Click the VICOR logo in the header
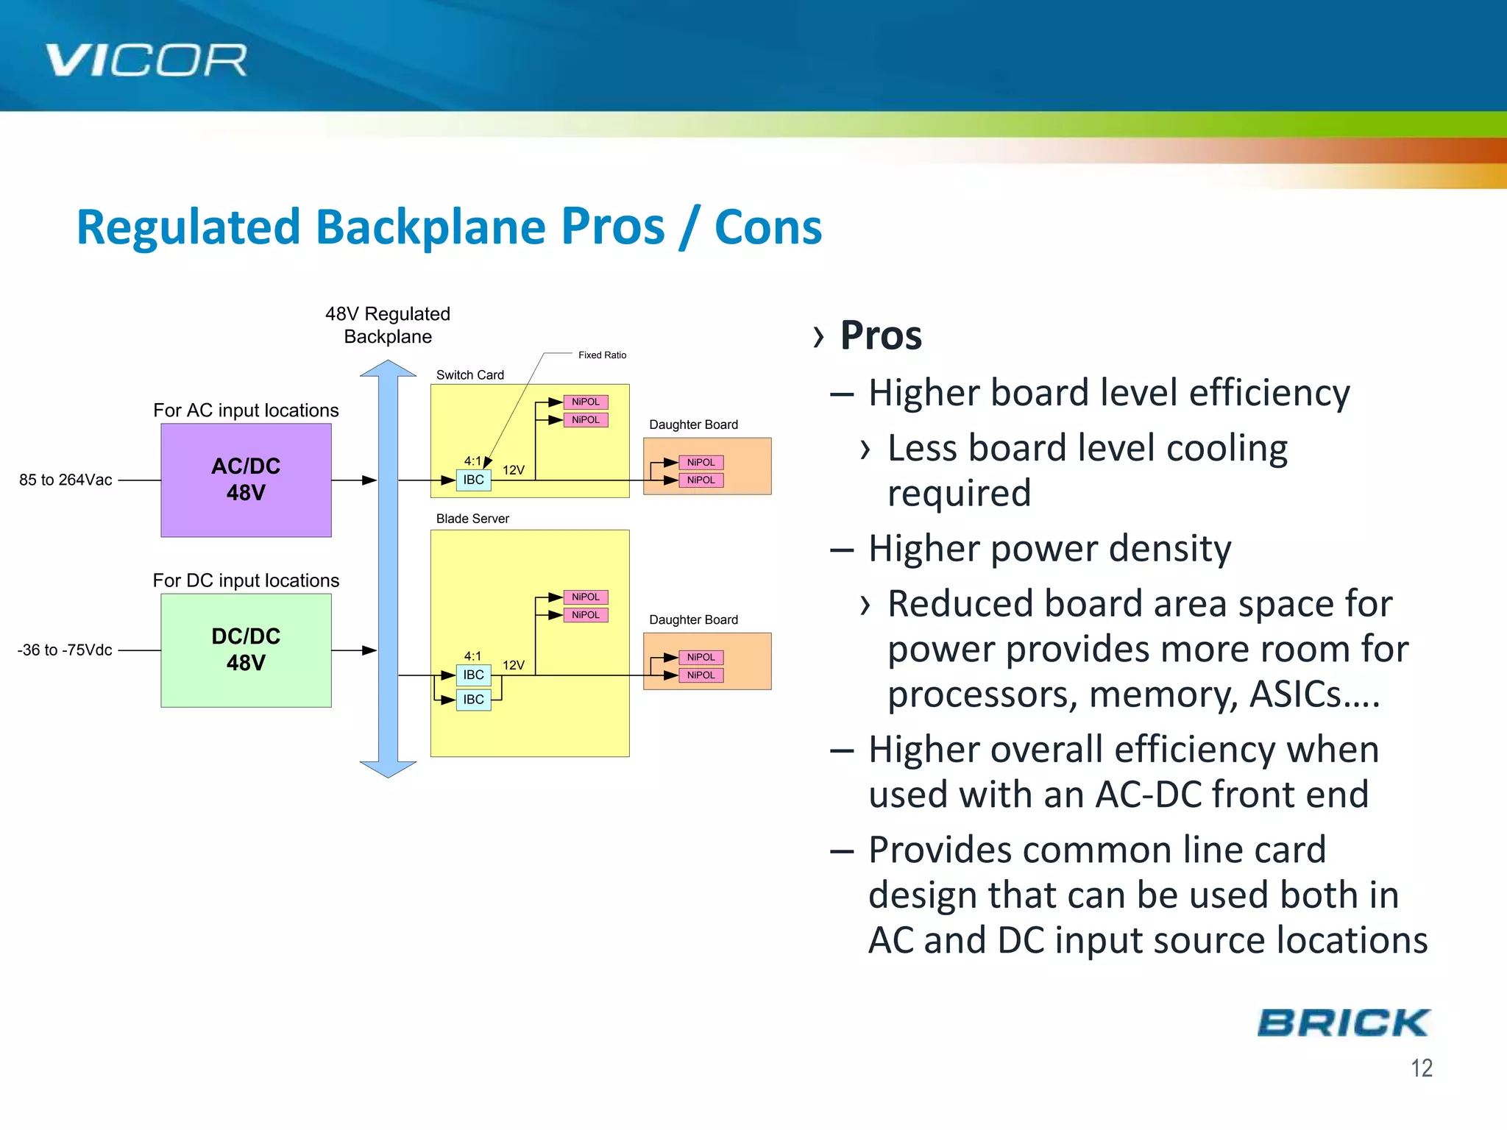pyautogui.click(x=146, y=60)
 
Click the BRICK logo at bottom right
pyautogui.click(x=1344, y=1023)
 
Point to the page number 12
pyautogui.click(x=1421, y=1068)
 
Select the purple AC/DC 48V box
pyautogui.click(x=246, y=480)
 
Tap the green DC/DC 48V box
pyautogui.click(x=246, y=650)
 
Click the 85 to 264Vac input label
pyautogui.click(x=65, y=480)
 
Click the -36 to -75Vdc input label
pyautogui.click(x=65, y=650)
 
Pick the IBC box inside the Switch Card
pyautogui.click(x=473, y=480)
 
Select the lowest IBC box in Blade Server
pyautogui.click(x=473, y=699)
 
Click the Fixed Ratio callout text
pyautogui.click(x=602, y=355)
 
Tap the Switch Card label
pyautogui.click(x=469, y=374)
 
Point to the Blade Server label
pyautogui.click(x=472, y=518)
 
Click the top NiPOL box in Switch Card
pyautogui.click(x=586, y=402)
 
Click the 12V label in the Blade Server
pyautogui.click(x=513, y=664)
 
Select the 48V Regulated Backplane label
pyautogui.click(x=388, y=324)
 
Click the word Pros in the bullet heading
pyautogui.click(x=881, y=335)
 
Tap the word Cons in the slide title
pyautogui.click(x=767, y=227)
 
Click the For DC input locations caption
pyautogui.click(x=246, y=580)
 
